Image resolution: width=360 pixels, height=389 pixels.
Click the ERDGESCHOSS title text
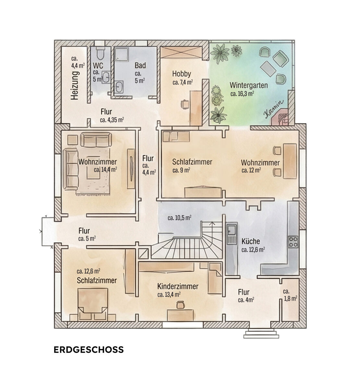coord(89,350)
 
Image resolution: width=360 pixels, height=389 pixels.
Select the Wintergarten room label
coord(249,86)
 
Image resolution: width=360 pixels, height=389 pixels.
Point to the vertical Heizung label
coord(75,85)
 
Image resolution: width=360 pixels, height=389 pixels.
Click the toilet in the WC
coord(99,54)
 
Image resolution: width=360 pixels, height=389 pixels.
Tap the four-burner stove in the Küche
coord(293,242)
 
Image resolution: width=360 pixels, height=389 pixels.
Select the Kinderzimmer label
coord(178,287)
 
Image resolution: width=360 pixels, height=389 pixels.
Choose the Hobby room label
coord(182,73)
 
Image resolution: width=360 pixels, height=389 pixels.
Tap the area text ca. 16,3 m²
coord(242,94)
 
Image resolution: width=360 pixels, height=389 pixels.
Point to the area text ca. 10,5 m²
coord(179,218)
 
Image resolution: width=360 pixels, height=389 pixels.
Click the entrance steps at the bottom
coord(261,334)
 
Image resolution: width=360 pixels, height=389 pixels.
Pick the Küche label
coord(251,241)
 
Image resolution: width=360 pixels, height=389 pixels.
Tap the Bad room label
coord(140,65)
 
